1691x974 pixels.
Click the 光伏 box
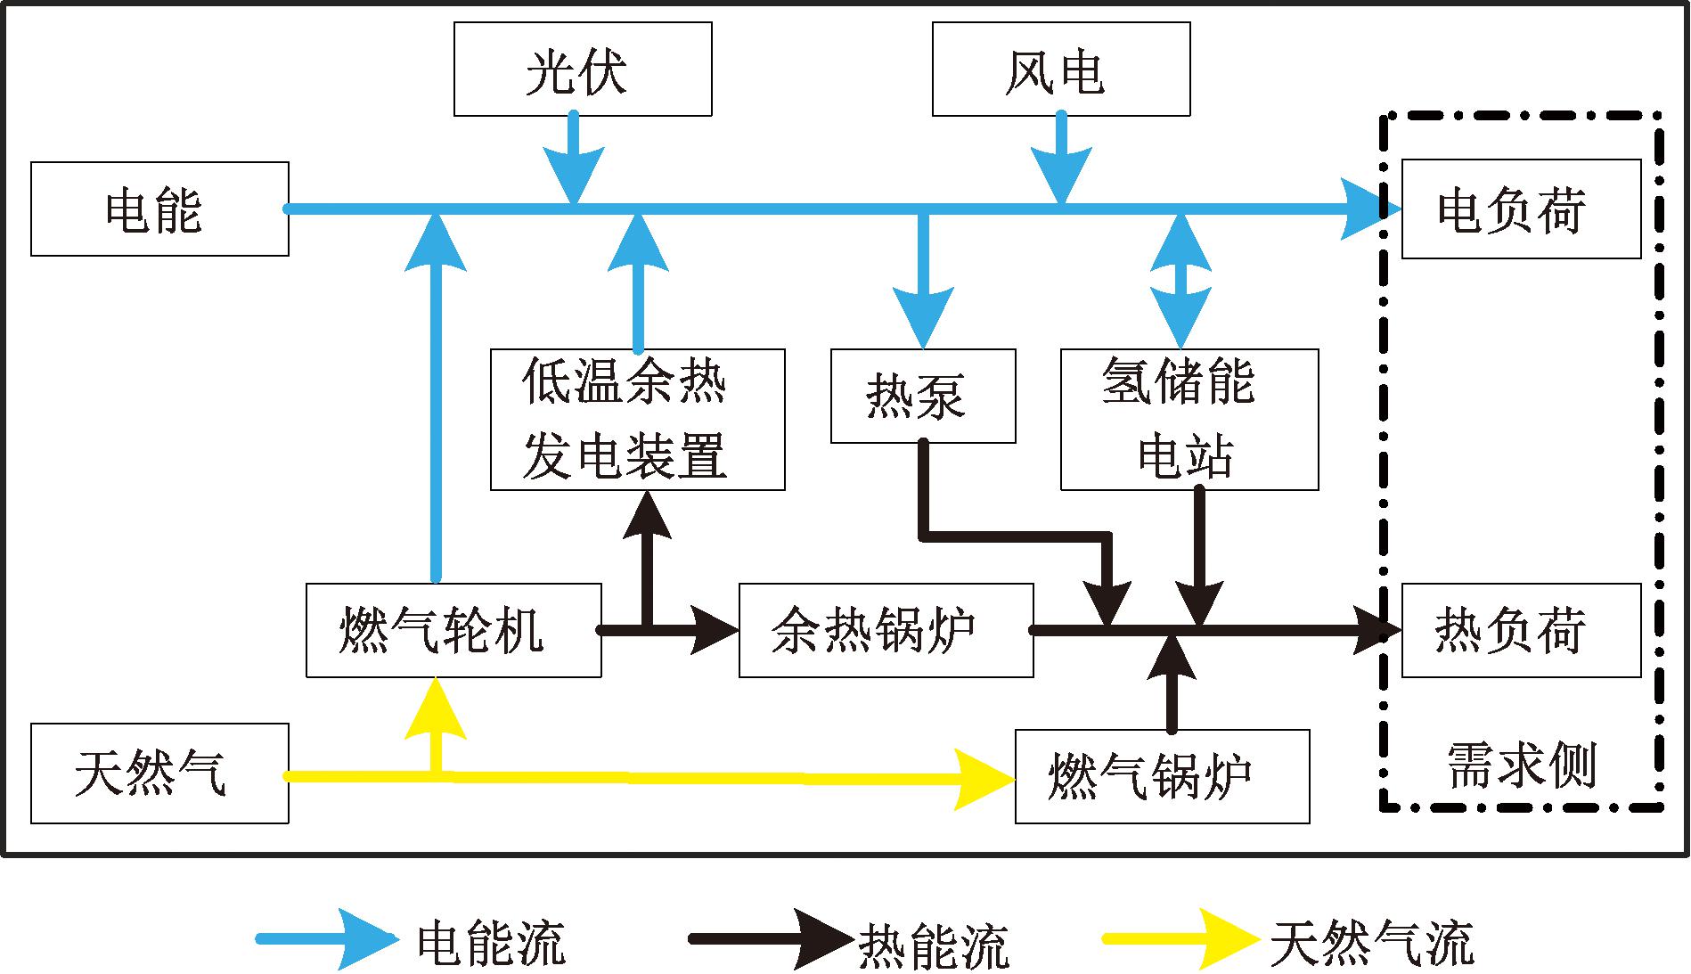coord(583,70)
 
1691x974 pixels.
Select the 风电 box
coord(1060,70)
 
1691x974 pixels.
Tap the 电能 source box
coord(159,209)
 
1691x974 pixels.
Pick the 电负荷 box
coord(1521,209)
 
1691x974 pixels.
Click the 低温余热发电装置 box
coord(637,420)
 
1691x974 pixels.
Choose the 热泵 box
coord(922,397)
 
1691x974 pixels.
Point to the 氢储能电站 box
coord(1189,420)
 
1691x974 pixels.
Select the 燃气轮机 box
coord(453,631)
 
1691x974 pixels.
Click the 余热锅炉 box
coord(886,631)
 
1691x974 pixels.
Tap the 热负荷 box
coord(1521,631)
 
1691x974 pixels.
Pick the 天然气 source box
coord(159,773)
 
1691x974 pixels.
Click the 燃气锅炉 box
coord(1162,776)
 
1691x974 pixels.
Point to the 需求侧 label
coord(1521,765)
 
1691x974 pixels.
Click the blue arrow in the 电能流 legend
coord(330,939)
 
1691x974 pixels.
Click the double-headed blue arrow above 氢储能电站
coord(1180,280)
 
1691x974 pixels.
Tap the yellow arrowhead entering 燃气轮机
coord(436,709)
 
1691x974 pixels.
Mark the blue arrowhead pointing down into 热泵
coord(923,319)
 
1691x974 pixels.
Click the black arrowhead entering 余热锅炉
coord(713,631)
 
